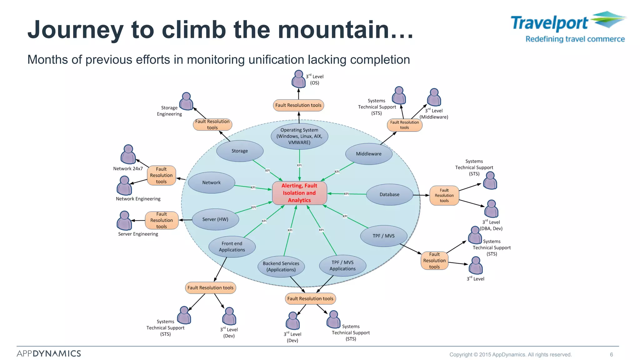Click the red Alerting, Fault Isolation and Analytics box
(299, 193)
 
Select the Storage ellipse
(240, 151)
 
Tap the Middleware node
(369, 154)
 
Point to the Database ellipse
(389, 194)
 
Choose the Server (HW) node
(215, 219)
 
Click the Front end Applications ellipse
(232, 247)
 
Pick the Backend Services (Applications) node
(281, 267)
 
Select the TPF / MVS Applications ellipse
(342, 266)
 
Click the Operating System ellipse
(299, 136)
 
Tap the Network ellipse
(212, 182)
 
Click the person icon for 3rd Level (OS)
(298, 79)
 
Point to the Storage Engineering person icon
(186, 101)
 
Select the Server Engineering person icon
(124, 220)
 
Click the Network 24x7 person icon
(128, 154)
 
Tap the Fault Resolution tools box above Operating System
(298, 105)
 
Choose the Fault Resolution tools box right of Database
(444, 196)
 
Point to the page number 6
(611, 354)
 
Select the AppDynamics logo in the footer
(49, 353)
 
